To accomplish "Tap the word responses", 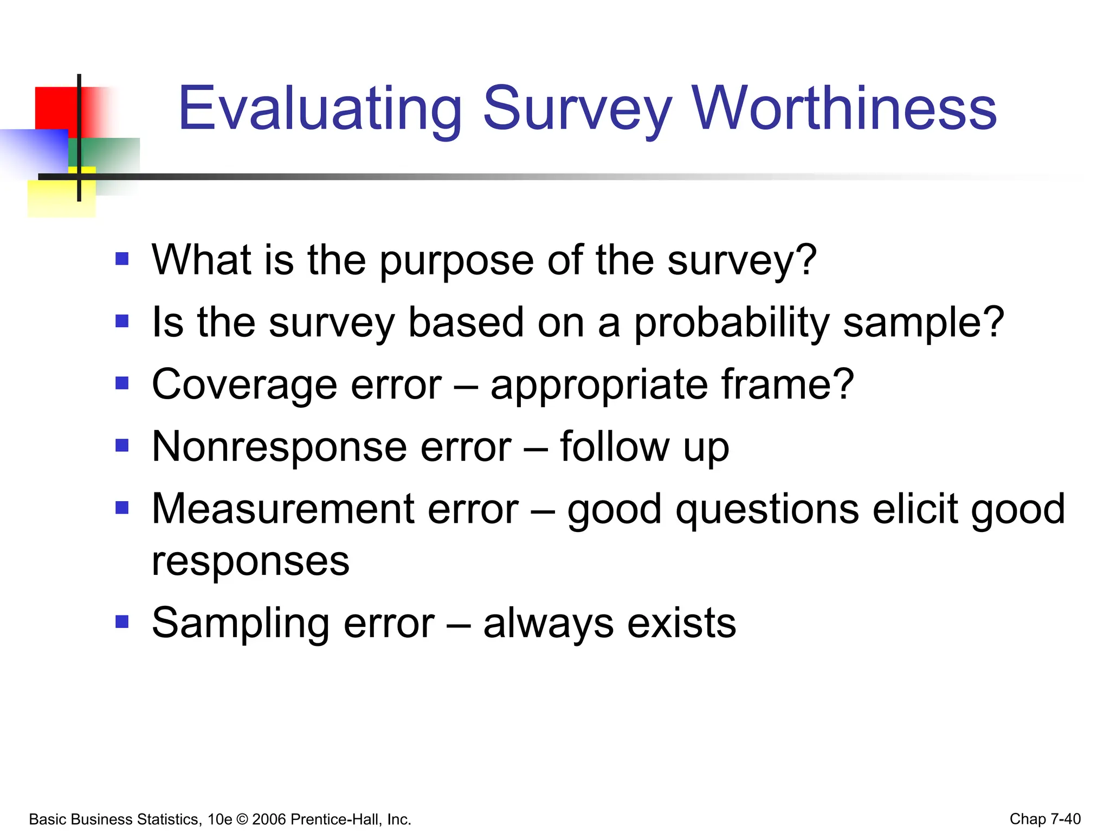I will click(250, 562).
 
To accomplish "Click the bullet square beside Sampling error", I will click(122, 620).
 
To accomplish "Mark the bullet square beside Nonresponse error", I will click(122, 445).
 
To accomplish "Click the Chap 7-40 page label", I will click(1045, 819).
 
